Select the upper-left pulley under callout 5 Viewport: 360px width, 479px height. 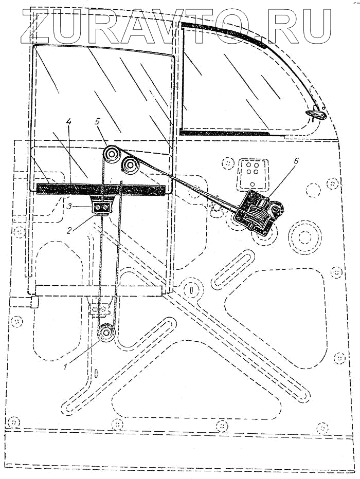click(110, 154)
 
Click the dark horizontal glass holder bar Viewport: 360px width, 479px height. click(103, 189)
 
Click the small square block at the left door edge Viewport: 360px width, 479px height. click(34, 302)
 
